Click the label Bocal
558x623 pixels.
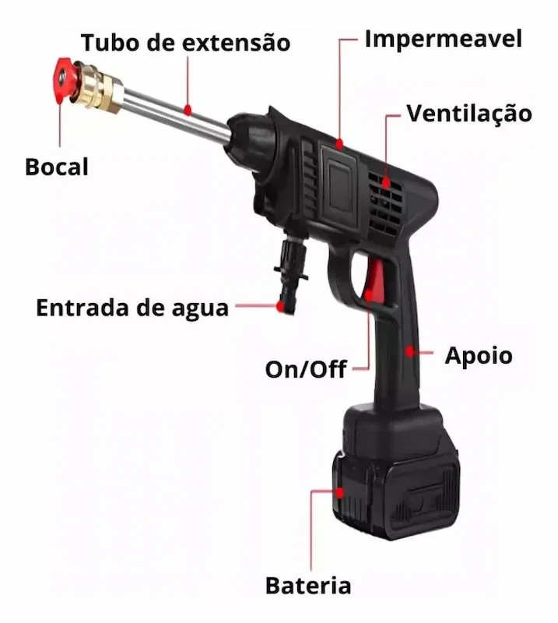click(57, 167)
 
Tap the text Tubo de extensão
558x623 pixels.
click(185, 43)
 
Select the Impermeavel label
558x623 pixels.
click(444, 39)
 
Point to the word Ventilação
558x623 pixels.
click(469, 114)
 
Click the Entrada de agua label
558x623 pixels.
click(132, 308)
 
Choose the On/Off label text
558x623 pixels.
click(306, 369)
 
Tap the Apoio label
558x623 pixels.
click(479, 356)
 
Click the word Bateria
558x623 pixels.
click(308, 586)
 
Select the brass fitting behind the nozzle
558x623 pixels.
click(98, 87)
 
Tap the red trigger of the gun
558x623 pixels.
click(374, 280)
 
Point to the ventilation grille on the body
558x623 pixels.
click(385, 202)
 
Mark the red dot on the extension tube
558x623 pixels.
click(188, 109)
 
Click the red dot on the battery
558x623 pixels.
click(339, 493)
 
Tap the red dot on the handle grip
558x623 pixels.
click(410, 351)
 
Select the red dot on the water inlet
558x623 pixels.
click(281, 305)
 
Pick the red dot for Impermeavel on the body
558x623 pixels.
click(339, 143)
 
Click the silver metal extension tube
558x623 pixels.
click(175, 114)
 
